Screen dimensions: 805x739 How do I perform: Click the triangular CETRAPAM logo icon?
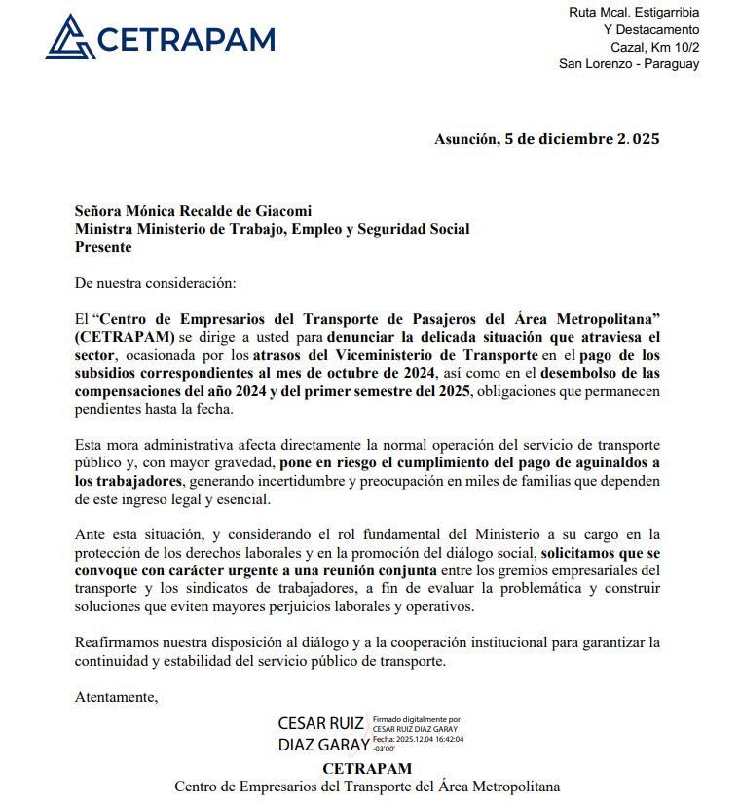[69, 37]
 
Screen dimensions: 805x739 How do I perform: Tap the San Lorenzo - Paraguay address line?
[629, 64]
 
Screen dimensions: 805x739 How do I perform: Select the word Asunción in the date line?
[466, 139]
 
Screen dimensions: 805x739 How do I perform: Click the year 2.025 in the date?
[638, 139]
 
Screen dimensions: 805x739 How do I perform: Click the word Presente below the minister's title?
[103, 247]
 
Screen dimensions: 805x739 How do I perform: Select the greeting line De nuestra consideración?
[155, 283]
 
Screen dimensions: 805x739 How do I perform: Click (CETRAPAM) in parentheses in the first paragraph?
[125, 337]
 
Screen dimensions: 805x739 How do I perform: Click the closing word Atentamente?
[116, 697]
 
